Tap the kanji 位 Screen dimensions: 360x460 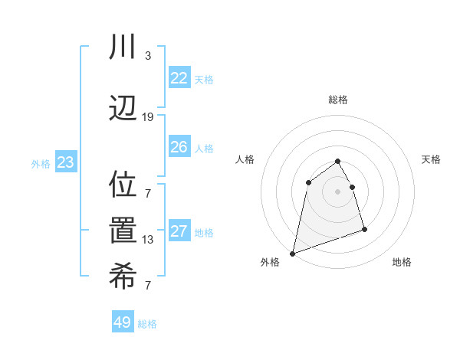123,184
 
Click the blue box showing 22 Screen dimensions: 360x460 179,78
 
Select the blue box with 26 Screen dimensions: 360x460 179,147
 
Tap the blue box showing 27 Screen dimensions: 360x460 179,232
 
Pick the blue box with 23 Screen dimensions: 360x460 65,163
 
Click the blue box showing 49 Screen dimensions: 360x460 123,322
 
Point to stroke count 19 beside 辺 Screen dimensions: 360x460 147,116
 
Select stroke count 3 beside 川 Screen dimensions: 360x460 148,56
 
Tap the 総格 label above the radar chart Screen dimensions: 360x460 337,100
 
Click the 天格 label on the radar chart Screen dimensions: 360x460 431,159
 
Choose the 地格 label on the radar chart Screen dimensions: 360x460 402,262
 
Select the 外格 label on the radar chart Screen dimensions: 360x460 270,262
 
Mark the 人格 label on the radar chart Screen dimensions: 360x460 245,159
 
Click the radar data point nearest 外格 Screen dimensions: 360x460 292,253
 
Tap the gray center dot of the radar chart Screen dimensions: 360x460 337,191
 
